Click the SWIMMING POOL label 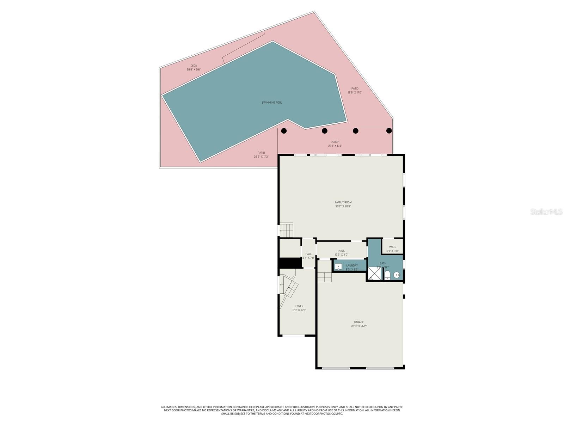point(271,103)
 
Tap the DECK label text point(194,66)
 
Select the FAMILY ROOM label point(343,202)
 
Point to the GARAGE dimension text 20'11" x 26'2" point(359,326)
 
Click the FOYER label point(299,306)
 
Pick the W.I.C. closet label point(392,247)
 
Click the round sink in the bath point(397,275)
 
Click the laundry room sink point(338,266)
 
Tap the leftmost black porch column point(284,131)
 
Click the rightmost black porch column point(389,131)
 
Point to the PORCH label point(335,142)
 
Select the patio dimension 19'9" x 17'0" point(355,93)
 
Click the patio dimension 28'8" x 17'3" point(261,157)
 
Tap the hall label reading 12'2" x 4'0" point(341,255)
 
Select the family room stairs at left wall point(286,231)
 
